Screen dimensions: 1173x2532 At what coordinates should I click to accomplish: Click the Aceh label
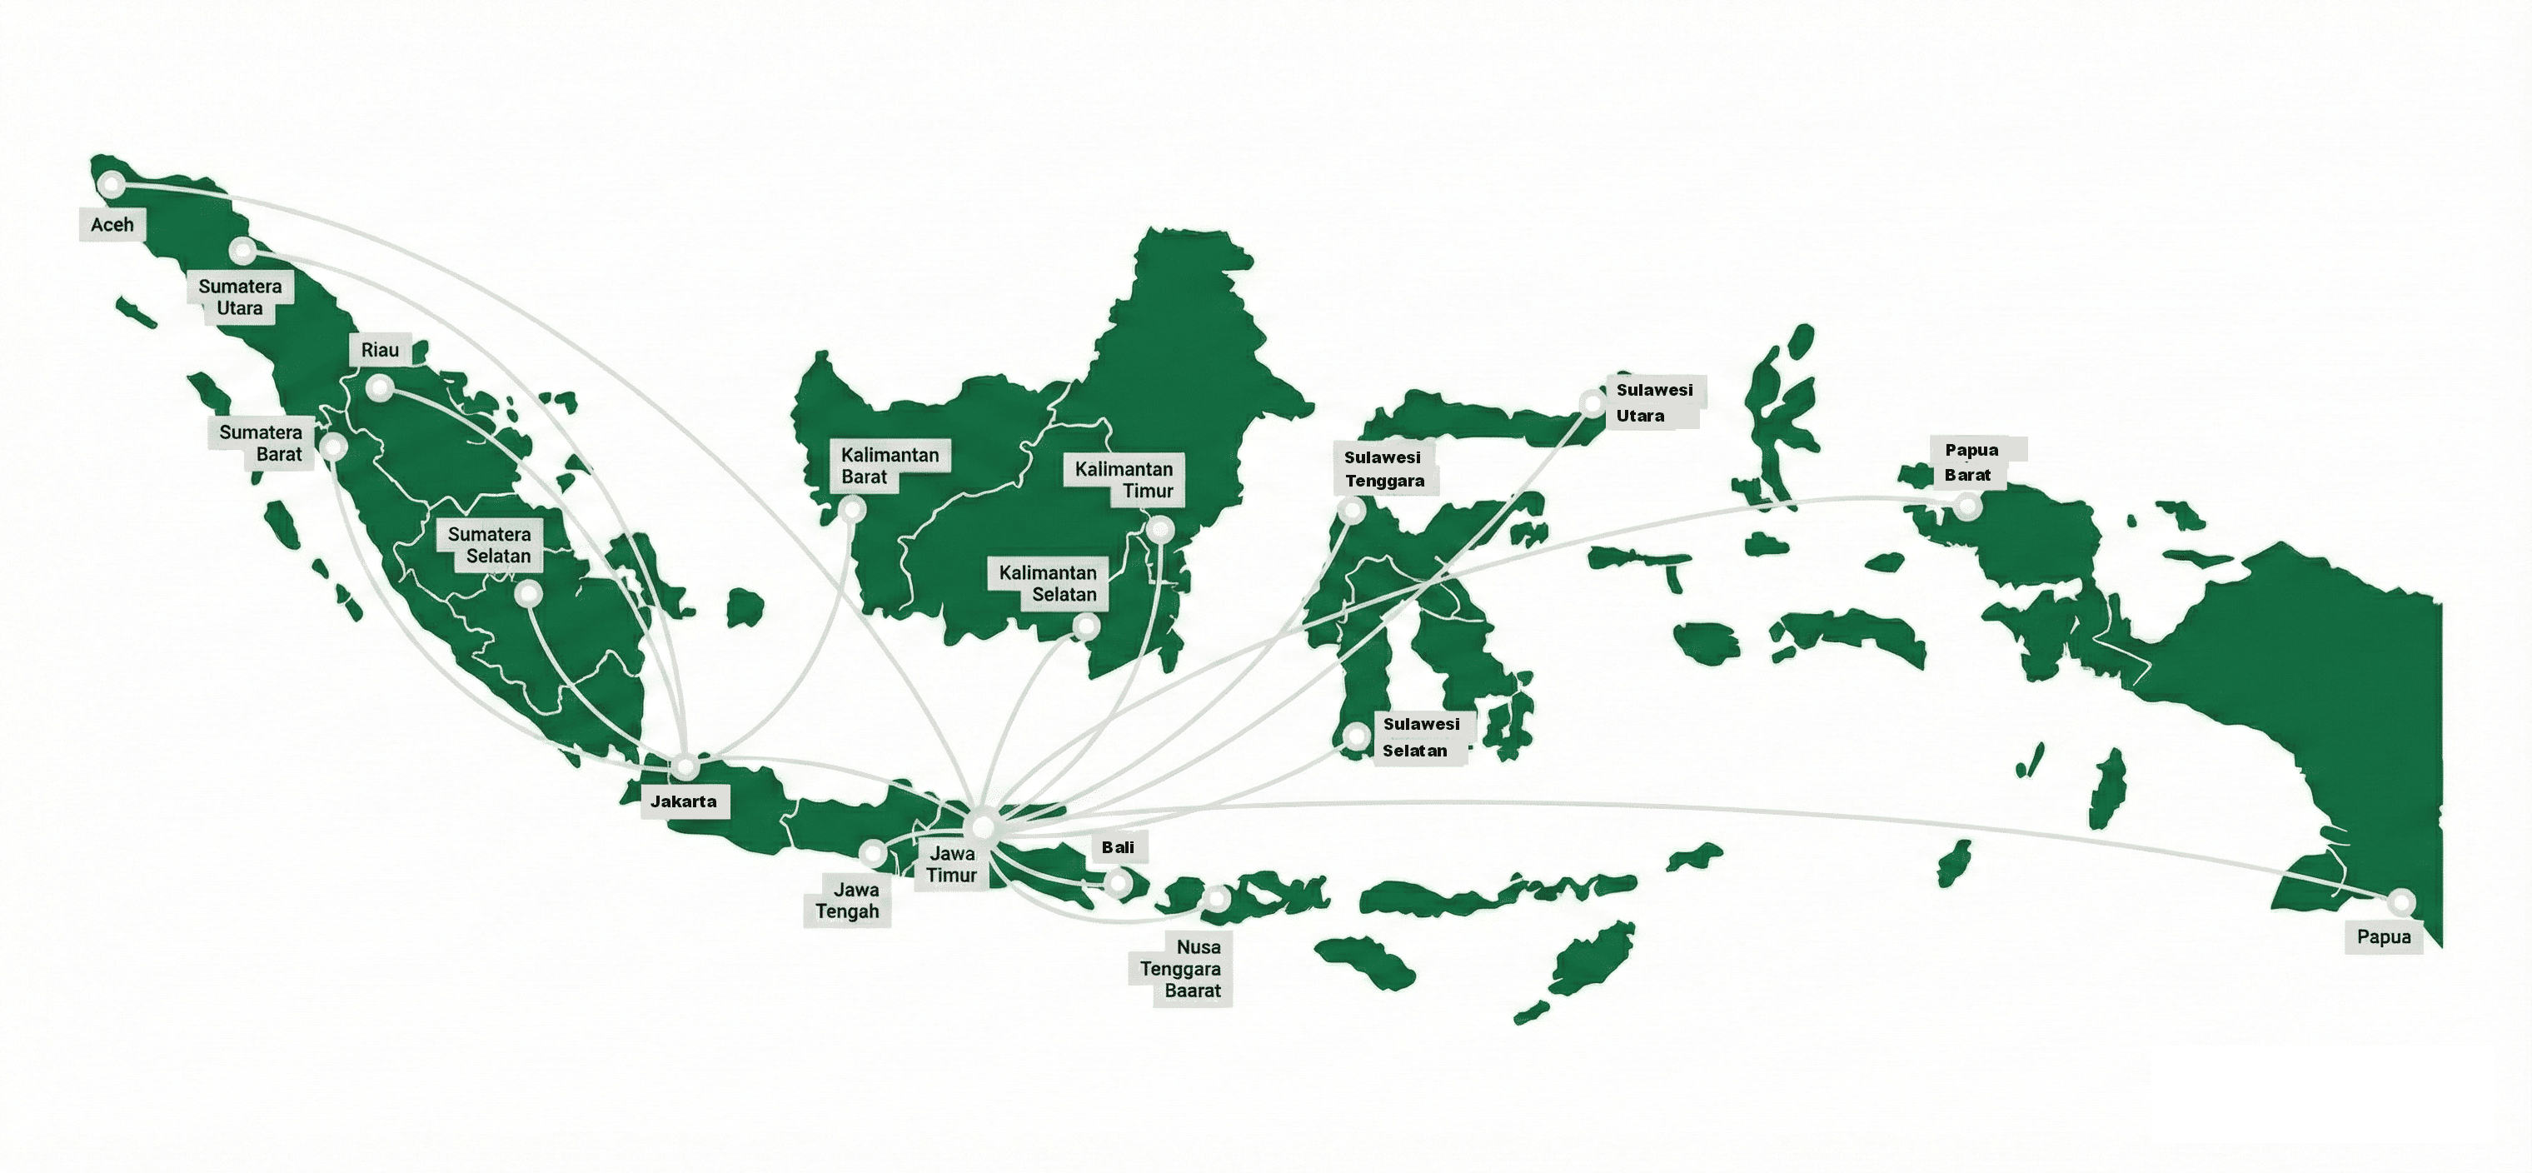coord(112,224)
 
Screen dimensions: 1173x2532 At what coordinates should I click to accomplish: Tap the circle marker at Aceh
coord(113,184)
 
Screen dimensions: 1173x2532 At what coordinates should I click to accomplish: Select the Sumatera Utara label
coord(240,297)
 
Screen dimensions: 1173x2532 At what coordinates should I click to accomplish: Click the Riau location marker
coord(381,389)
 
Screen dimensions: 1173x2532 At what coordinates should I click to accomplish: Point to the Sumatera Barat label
coord(261,443)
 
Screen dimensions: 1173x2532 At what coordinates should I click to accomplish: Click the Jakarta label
coord(684,801)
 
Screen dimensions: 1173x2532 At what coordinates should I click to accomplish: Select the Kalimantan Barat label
coord(890,466)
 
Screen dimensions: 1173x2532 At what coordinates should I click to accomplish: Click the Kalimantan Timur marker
coord(1162,531)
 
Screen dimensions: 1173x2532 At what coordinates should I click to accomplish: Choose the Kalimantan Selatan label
coord(1048,583)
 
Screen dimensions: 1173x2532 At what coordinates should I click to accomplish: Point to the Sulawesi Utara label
coord(1654,403)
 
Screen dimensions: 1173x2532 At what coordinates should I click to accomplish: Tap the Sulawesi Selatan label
coord(1421,737)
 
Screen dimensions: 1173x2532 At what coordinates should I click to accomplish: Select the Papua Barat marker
coord(1966,507)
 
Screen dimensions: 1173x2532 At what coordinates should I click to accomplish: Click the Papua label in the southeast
coord(2384,937)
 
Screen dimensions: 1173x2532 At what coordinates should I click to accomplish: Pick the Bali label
coord(1118,847)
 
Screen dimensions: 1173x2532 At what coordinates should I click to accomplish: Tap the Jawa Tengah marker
coord(873,851)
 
